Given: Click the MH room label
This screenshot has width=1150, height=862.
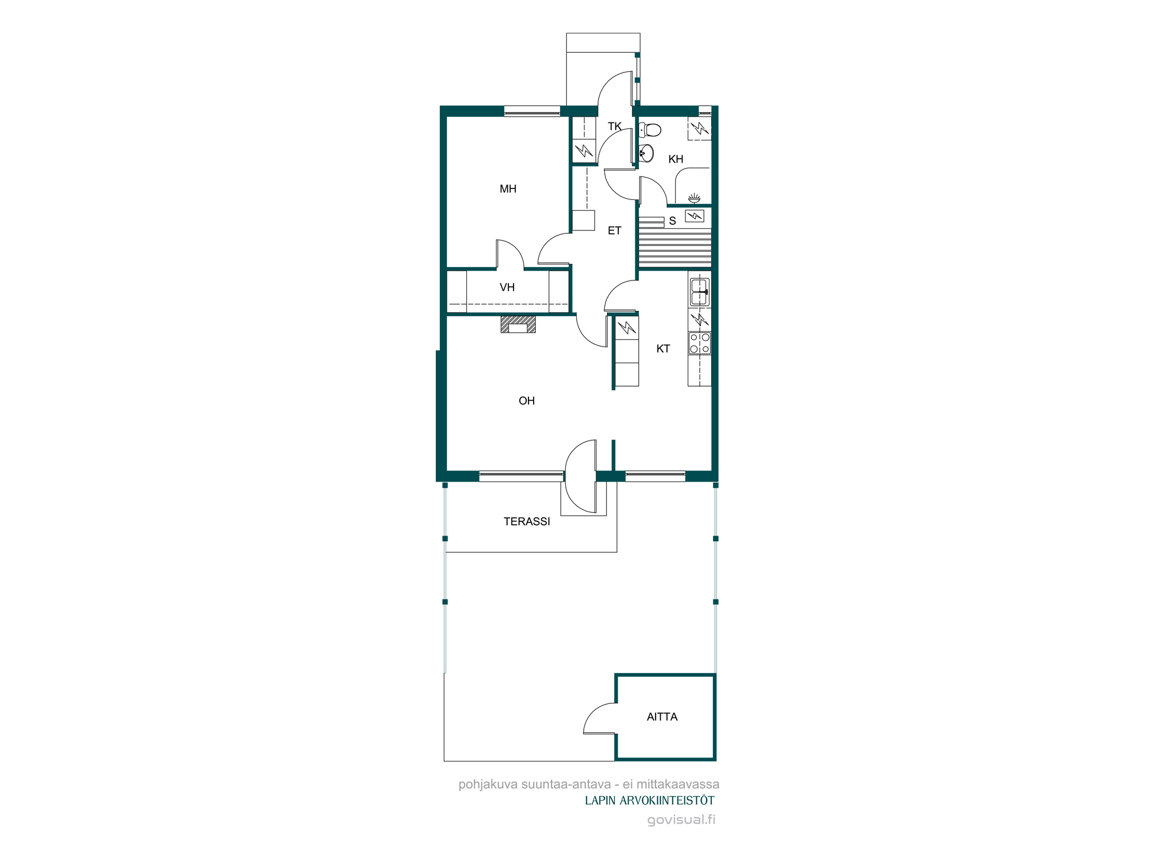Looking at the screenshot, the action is coord(508,189).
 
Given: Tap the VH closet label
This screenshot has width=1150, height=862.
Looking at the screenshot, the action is coord(507,287).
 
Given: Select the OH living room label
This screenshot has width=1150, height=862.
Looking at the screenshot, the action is coord(527,401).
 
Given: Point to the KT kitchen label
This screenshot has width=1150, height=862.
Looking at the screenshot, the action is coord(663,349).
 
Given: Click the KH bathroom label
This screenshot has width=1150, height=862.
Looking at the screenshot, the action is coord(676,159).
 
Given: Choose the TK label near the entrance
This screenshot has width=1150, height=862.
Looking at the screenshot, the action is coord(615,126).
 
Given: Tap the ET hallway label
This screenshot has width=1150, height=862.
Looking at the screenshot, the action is coord(615,230).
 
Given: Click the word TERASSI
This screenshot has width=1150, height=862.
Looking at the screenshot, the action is coord(527,521).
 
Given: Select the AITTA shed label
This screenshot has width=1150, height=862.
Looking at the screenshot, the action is coord(662,717).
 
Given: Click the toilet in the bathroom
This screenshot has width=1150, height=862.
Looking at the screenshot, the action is coord(650,130).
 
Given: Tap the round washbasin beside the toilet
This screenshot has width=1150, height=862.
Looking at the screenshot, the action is coord(647,153).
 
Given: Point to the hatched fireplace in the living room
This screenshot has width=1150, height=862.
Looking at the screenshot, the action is coord(518,324).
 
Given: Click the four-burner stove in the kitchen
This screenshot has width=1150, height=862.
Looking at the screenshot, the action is coord(700,343).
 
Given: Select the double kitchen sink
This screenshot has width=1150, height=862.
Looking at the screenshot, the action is coord(700,292).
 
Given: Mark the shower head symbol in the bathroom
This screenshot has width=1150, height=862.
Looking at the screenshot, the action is coord(695,198).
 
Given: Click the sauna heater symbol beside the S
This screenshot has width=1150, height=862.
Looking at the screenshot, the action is coord(695,216).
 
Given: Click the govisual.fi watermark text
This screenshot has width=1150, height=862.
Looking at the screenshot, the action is coord(681,819).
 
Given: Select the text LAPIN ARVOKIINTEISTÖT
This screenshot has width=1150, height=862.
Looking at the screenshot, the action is coord(650,801).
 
